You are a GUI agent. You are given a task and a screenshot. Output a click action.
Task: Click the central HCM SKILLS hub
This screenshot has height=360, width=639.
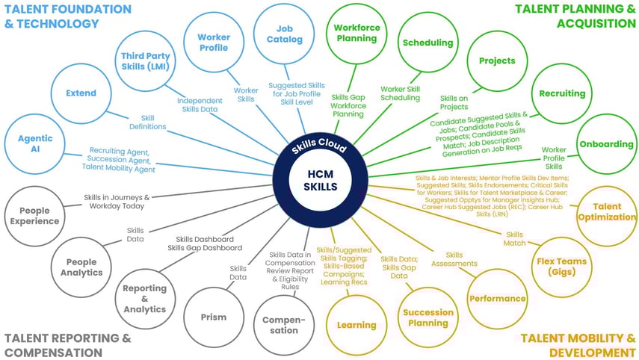(x=320, y=180)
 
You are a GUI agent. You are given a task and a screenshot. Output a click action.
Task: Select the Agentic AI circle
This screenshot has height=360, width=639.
(x=35, y=145)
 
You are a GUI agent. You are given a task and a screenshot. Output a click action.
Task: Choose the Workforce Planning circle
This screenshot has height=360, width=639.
(x=356, y=33)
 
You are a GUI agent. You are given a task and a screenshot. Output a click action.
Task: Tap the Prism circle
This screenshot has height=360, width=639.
(x=214, y=317)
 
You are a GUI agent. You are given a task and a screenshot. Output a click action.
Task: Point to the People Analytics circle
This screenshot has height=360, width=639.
(x=81, y=267)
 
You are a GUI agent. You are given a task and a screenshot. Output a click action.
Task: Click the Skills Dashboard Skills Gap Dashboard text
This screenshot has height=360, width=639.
(x=204, y=243)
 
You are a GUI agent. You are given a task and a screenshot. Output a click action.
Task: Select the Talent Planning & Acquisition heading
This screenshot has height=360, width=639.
(x=575, y=16)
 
